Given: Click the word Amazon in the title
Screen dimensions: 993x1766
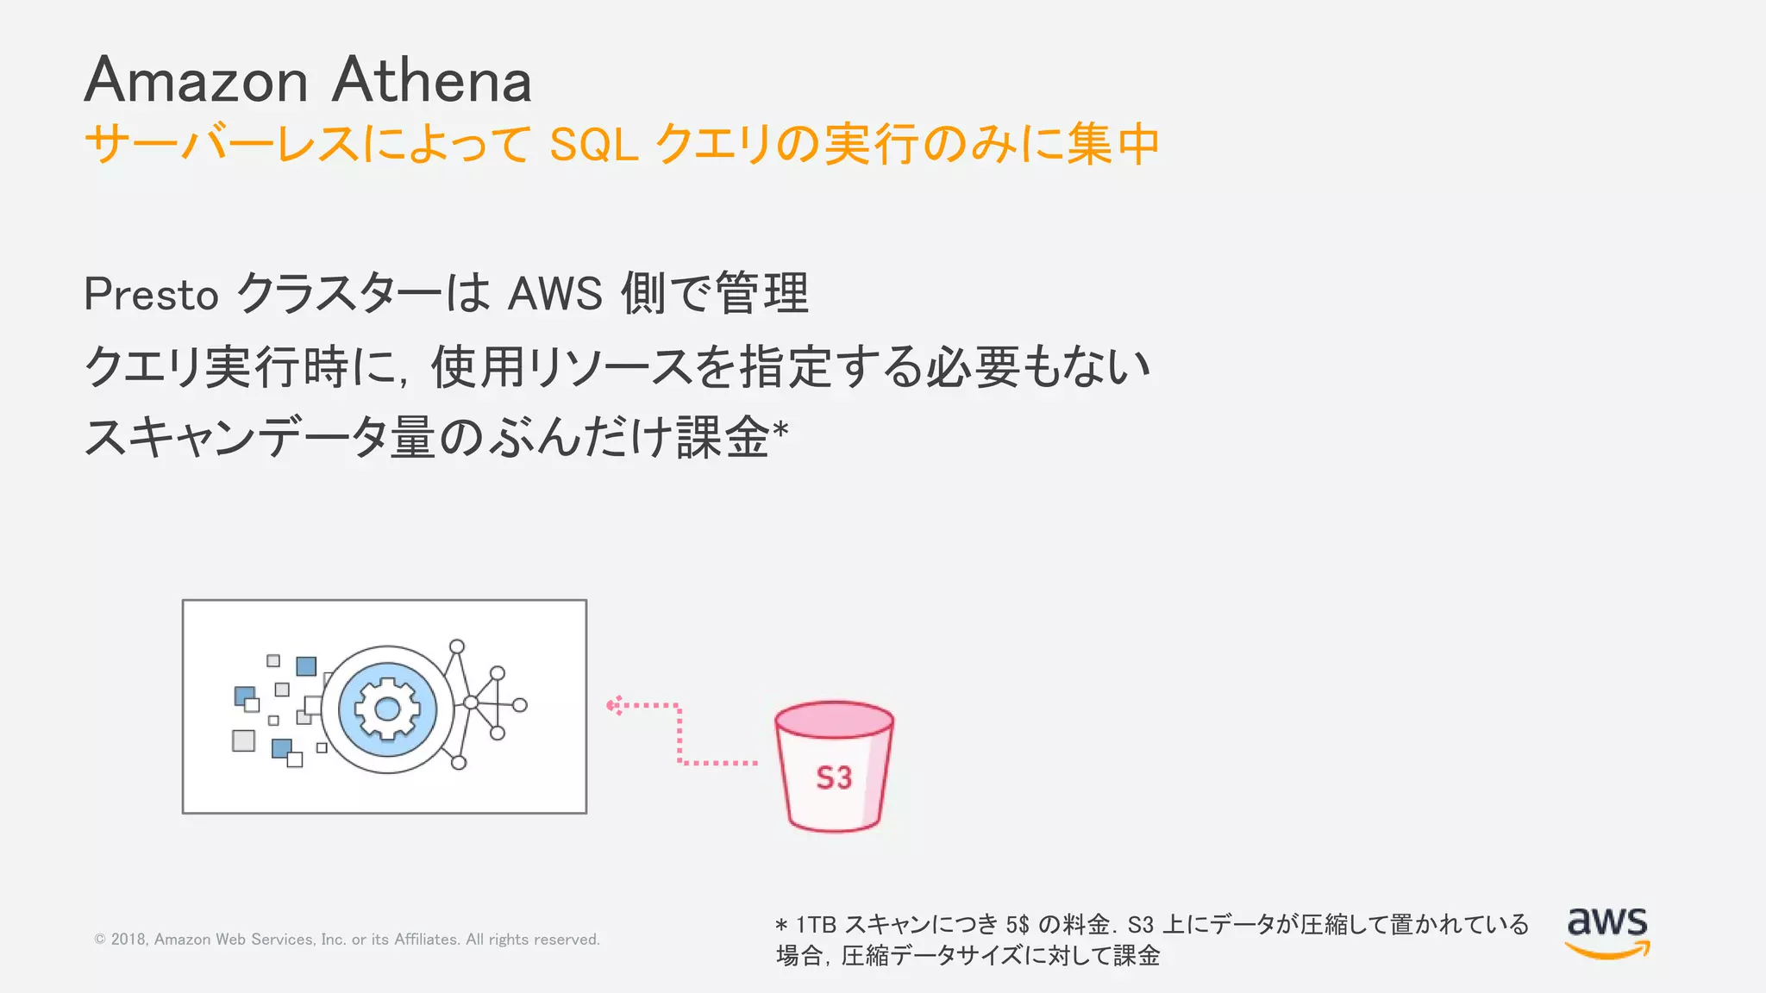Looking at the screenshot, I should pyautogui.click(x=196, y=80).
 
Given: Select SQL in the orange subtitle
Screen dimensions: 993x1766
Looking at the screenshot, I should pyautogui.click(x=593, y=145).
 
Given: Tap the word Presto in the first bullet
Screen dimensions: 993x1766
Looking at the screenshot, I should pyautogui.click(x=151, y=295).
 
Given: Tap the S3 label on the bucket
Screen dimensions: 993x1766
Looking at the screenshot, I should pyautogui.click(x=834, y=778).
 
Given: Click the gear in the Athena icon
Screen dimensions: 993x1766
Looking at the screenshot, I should pyautogui.click(x=387, y=709).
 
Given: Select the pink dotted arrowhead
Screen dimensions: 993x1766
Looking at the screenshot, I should pyautogui.click(x=612, y=706).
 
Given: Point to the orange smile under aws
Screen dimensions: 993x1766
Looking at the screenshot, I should pyautogui.click(x=1607, y=951).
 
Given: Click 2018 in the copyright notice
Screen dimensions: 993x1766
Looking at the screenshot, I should pyautogui.click(x=128, y=940).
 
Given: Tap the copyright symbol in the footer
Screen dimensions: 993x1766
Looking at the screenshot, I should pyautogui.click(x=100, y=940).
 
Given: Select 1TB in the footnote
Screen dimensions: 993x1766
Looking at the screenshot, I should pyautogui.click(x=816, y=925).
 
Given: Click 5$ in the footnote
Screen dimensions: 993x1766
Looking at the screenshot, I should pyautogui.click(x=1017, y=925).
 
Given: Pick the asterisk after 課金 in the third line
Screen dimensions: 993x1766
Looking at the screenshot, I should pyautogui.click(x=780, y=428).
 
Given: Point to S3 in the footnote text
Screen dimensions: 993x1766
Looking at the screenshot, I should pyautogui.click(x=1140, y=925).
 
